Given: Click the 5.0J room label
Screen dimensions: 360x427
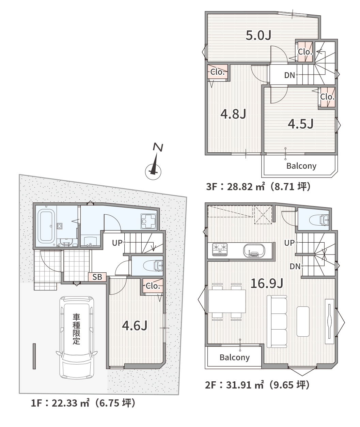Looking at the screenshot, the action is [259, 35].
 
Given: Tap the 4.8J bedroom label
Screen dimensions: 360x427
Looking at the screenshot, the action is [233, 114].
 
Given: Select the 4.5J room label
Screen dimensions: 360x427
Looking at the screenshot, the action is [300, 124].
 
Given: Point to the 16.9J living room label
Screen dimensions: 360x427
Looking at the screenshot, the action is [267, 284].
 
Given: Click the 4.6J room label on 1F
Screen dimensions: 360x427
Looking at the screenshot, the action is [135, 325].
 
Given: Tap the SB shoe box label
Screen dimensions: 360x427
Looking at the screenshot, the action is [97, 277].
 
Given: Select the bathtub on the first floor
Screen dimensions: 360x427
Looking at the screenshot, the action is [46, 226].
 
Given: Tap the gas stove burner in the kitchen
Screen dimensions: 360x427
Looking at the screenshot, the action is [220, 249].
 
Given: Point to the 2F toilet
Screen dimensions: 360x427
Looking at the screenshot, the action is [319, 220].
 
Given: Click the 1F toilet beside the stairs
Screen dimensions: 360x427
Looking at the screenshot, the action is [153, 265].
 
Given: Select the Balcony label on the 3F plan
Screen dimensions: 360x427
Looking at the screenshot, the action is [301, 166].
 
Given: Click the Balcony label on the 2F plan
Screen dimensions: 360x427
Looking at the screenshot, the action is [234, 357].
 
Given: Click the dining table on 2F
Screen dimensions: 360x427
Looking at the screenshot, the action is [227, 301].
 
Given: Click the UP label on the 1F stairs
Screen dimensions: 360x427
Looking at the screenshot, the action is [117, 243].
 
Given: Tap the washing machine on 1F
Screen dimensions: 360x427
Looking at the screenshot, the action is [148, 221].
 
